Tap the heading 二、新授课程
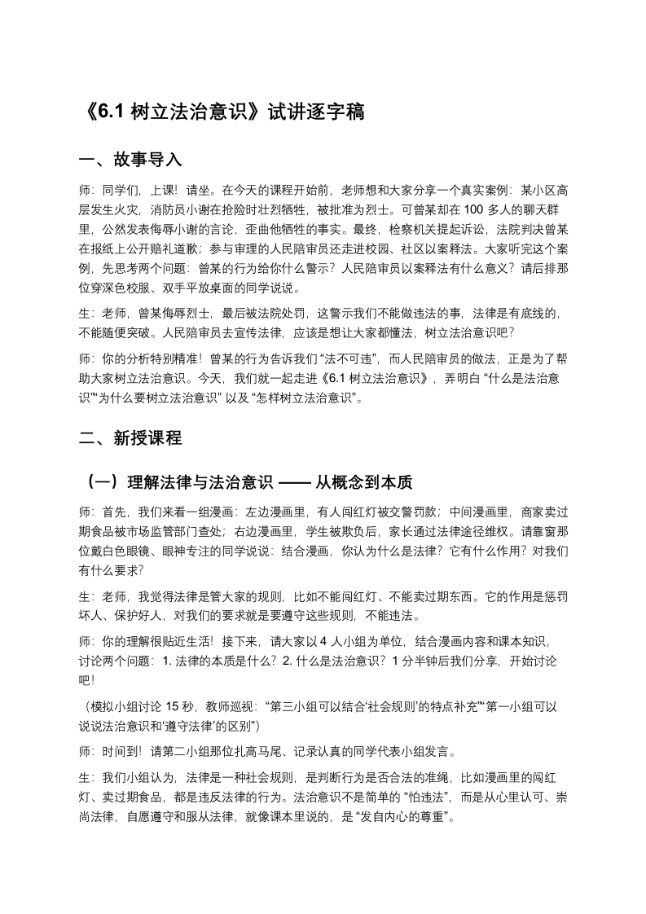point(130,438)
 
